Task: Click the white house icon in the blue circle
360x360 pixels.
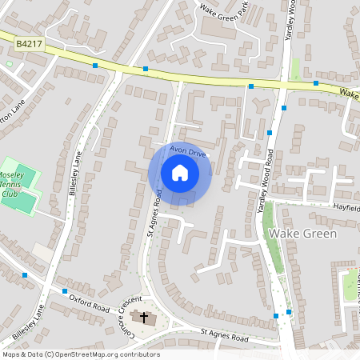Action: [180, 173]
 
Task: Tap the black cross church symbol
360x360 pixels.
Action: [145, 318]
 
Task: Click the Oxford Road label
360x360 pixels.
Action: [88, 302]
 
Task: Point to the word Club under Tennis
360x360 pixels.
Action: [10, 193]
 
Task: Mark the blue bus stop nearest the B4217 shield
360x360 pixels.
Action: [94, 66]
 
